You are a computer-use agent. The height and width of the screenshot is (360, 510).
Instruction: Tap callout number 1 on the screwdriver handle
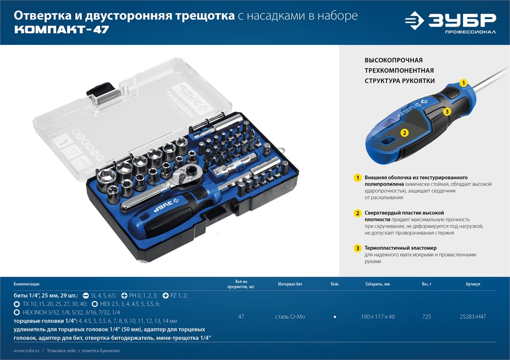click(463, 82)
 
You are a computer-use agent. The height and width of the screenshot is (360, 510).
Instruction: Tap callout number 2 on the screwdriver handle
click(404, 133)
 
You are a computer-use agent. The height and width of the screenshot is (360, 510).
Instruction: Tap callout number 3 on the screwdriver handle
click(446, 111)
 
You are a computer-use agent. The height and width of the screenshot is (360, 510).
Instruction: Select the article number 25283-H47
click(473, 317)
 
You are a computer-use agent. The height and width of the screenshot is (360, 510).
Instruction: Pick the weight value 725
click(426, 317)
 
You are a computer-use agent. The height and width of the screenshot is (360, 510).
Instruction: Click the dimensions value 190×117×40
click(377, 317)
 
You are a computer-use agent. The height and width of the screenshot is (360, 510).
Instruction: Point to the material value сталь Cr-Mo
click(290, 317)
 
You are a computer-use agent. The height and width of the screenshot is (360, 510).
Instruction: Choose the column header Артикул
click(473, 284)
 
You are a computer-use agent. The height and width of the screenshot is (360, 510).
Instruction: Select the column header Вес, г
click(426, 284)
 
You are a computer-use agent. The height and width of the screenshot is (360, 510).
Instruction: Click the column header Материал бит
click(290, 284)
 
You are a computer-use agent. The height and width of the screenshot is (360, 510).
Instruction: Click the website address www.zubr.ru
click(27, 351)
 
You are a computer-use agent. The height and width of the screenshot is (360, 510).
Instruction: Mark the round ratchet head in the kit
click(182, 176)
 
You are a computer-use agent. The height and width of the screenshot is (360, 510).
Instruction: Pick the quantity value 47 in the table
click(241, 317)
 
